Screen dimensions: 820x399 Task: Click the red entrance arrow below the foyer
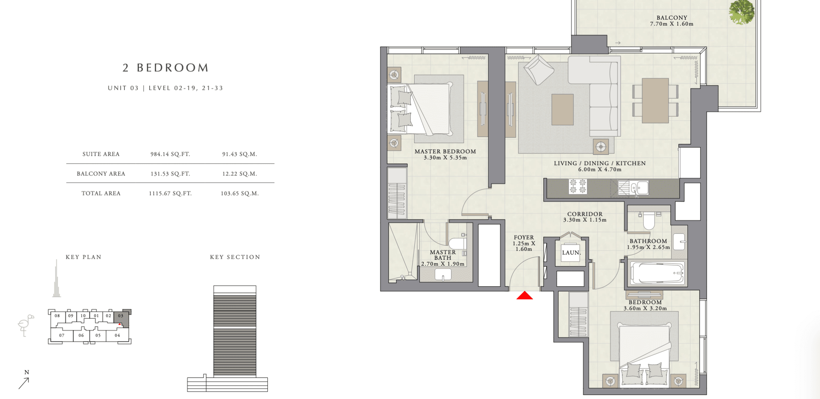tap(525, 295)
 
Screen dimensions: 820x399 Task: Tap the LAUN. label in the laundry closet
tap(571, 253)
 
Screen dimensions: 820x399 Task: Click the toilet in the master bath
tap(458, 243)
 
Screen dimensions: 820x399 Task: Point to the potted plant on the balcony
tap(741, 12)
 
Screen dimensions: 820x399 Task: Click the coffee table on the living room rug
tap(563, 109)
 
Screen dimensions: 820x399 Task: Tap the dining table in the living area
tap(655, 100)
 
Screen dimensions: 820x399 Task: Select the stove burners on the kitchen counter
tap(578, 186)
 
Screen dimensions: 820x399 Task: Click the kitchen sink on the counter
tap(639, 187)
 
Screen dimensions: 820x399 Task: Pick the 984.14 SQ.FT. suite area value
tap(170, 154)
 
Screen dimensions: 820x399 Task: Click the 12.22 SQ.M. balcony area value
tap(239, 174)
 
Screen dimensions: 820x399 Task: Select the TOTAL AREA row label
tap(101, 193)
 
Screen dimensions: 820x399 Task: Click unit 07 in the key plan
tap(62, 335)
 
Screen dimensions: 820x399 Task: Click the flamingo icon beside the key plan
tap(25, 325)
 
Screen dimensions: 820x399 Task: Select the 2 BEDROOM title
tap(166, 68)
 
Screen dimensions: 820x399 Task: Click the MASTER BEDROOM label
tap(445, 151)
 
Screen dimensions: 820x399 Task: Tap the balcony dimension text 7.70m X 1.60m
tap(672, 24)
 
